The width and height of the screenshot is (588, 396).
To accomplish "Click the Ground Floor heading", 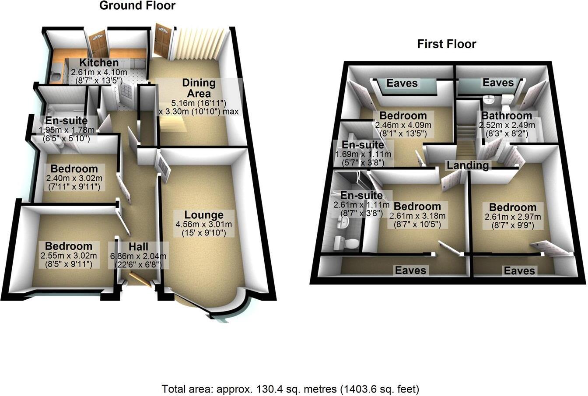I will [x=137, y=6].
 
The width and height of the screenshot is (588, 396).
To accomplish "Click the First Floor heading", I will [x=446, y=44].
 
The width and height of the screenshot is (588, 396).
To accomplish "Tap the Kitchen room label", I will [x=99, y=63].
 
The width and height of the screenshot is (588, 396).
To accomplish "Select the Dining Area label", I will [x=199, y=88].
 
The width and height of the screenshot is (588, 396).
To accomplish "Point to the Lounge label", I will [x=204, y=215].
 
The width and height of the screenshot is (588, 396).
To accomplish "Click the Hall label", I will [x=138, y=247].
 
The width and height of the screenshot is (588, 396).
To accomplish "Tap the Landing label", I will [x=468, y=165].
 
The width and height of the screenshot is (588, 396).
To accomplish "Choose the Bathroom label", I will [x=507, y=116].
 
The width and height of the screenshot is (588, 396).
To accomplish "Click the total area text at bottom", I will [x=290, y=389].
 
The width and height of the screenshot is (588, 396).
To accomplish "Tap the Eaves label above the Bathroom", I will [x=498, y=83].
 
